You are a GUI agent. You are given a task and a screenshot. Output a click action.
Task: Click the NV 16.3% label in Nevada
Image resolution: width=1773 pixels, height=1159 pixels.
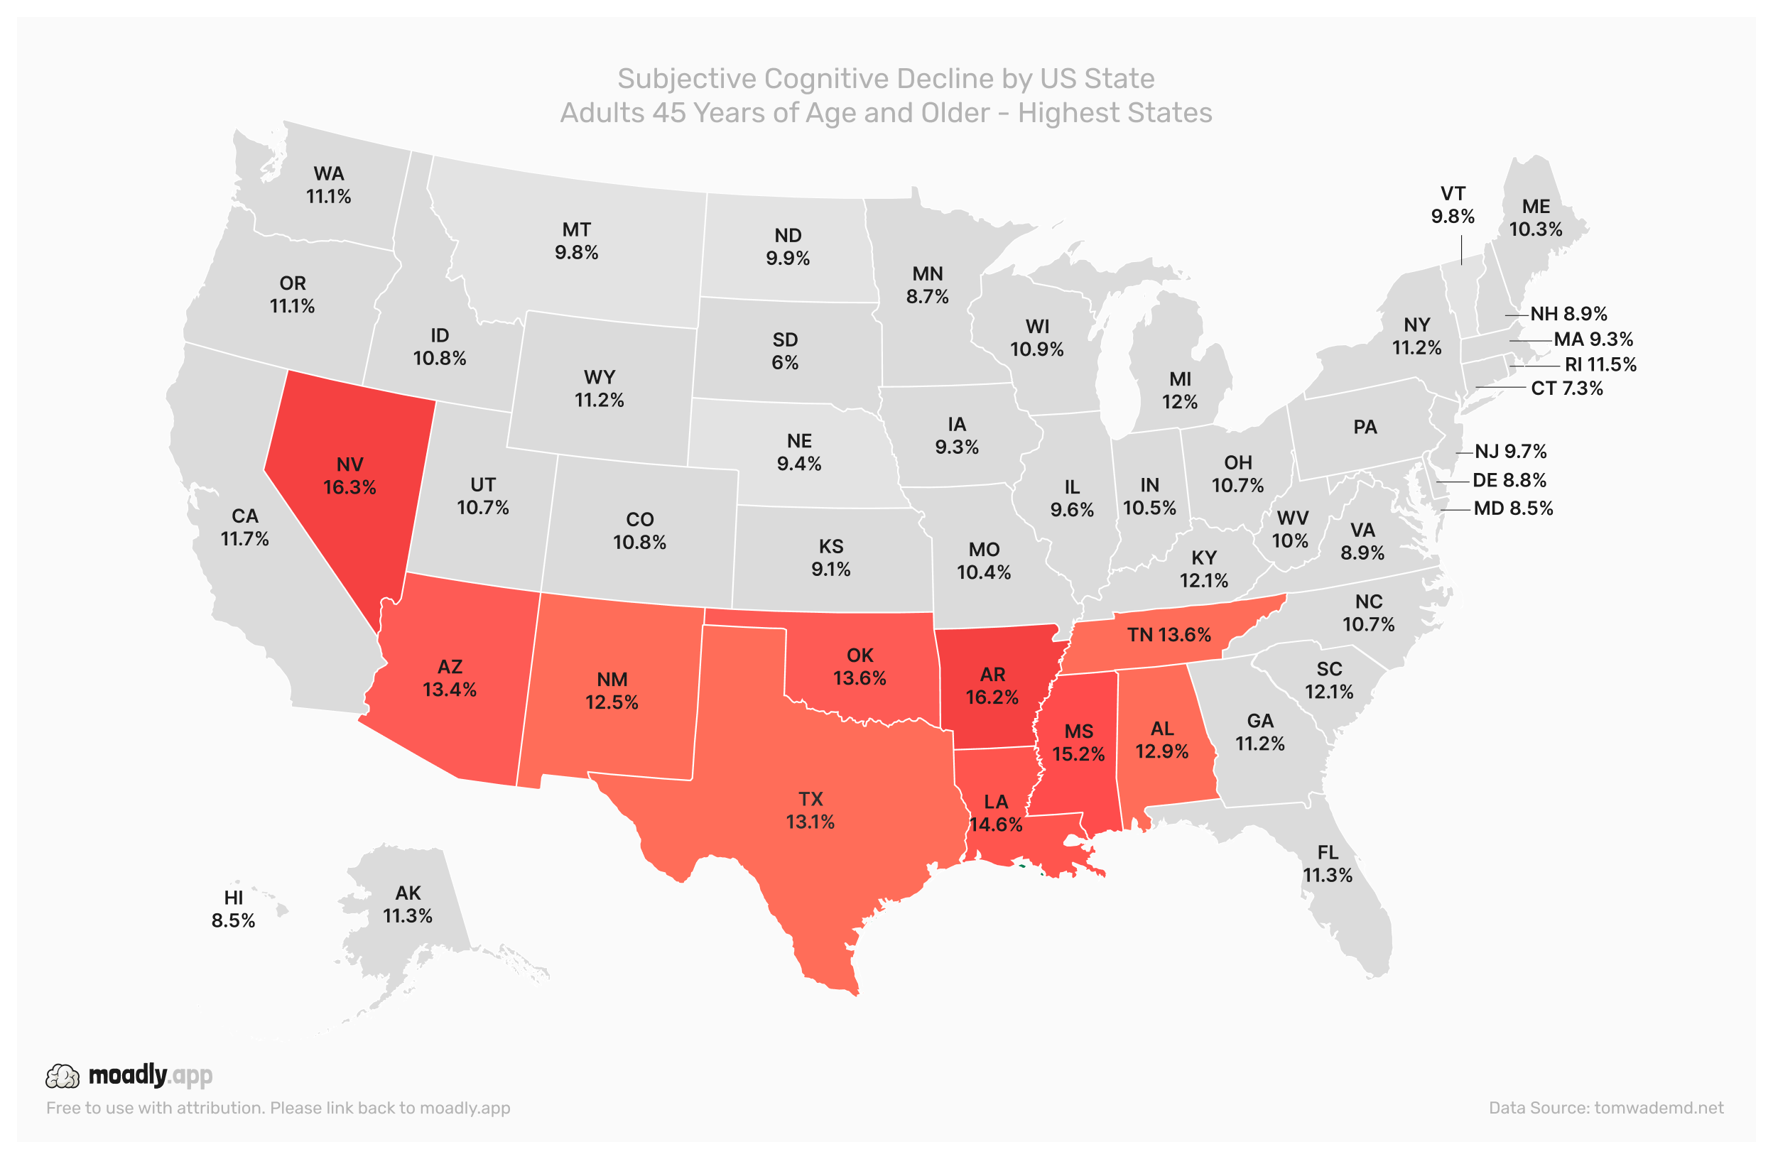349,476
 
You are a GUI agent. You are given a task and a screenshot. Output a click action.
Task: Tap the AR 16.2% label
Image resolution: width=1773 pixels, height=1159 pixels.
992,686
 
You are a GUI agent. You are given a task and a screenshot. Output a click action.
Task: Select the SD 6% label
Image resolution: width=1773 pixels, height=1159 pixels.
784,351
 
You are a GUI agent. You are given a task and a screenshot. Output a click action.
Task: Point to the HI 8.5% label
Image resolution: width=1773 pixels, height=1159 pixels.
233,910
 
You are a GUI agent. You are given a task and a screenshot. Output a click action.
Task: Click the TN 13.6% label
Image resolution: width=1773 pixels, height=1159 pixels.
1168,636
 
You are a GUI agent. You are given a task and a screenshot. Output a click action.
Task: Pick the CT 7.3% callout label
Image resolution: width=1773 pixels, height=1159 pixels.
1566,388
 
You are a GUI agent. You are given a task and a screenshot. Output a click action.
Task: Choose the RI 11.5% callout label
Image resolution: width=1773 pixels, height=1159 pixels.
1600,364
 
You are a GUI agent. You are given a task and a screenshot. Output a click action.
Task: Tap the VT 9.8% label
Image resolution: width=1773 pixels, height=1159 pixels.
1452,205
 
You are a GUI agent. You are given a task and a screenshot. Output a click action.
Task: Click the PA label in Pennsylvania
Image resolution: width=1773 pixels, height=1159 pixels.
1365,428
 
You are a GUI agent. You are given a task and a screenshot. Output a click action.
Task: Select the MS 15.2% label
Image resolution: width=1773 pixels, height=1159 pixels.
1078,743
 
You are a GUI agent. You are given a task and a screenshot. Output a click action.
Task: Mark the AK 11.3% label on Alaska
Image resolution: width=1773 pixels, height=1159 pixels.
408,904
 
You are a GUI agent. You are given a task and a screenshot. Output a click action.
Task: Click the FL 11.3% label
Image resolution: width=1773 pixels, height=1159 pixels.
1327,864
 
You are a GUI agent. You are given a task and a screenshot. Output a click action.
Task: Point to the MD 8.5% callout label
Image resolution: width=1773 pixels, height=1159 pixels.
1512,508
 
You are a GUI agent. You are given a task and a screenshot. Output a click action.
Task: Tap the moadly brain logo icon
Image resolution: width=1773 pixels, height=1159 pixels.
63,1077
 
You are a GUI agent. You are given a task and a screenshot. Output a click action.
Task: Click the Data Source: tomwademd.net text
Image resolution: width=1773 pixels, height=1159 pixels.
1605,1108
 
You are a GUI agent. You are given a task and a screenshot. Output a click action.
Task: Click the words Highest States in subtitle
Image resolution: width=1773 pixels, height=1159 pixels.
1115,113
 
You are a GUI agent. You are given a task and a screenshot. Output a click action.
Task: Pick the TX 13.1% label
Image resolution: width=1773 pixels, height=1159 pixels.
810,810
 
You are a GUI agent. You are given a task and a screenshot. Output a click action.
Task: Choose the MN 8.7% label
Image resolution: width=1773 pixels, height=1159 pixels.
927,285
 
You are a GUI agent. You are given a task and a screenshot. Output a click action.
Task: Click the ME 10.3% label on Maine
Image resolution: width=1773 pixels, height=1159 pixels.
1535,217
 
